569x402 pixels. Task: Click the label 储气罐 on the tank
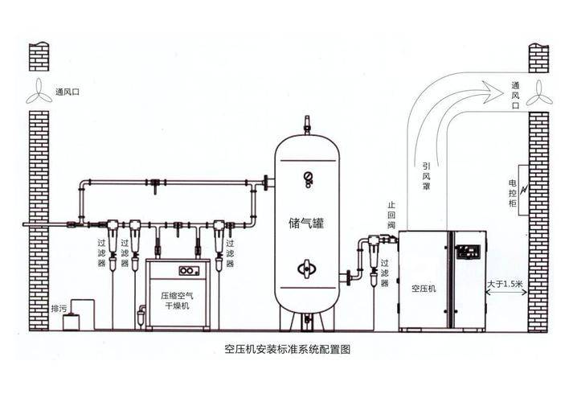pyautogui.click(x=306, y=223)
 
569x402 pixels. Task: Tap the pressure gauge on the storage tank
pyautogui.click(x=308, y=179)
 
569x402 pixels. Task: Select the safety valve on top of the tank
pyautogui.click(x=307, y=125)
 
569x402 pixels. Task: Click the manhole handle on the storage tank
pyautogui.click(x=307, y=269)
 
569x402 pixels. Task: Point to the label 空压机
pyautogui.click(x=424, y=289)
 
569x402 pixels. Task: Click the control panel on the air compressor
pyautogui.click(x=468, y=252)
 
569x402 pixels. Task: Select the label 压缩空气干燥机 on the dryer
pyautogui.click(x=177, y=301)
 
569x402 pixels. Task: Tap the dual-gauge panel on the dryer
pyautogui.click(x=189, y=270)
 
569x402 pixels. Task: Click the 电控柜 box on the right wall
pyautogui.click(x=523, y=191)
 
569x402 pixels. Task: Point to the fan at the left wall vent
pyautogui.click(x=39, y=92)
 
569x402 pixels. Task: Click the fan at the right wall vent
pyautogui.click(x=539, y=93)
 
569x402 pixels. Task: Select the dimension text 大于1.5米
pyautogui.click(x=506, y=284)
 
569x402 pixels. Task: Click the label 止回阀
pyautogui.click(x=391, y=215)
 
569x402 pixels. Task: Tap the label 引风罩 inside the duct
pyautogui.click(x=427, y=177)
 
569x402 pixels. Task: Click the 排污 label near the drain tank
pyautogui.click(x=59, y=309)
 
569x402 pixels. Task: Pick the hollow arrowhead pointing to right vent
pyautogui.click(x=492, y=92)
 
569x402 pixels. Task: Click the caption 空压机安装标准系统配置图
pyautogui.click(x=288, y=350)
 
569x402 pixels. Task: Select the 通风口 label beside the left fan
pyautogui.click(x=68, y=92)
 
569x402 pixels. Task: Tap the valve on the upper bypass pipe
pyautogui.click(x=155, y=185)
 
